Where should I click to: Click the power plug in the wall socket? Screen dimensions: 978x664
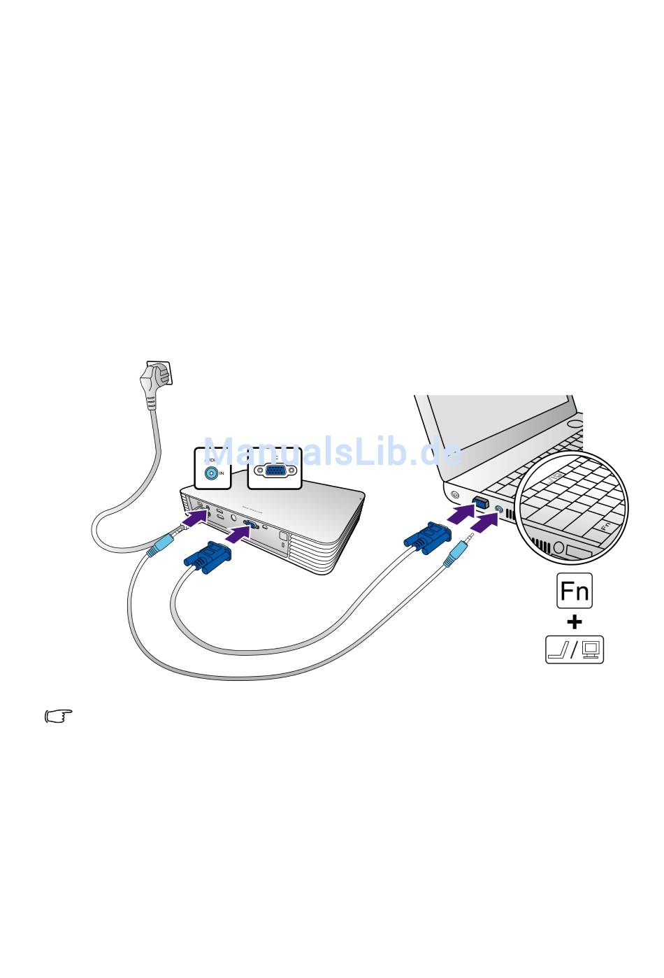154,381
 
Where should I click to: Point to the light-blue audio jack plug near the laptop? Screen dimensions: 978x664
456,554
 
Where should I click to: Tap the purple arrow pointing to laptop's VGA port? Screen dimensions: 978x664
461,514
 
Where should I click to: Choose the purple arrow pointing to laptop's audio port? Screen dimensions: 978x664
484,522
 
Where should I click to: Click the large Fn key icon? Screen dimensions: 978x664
575,591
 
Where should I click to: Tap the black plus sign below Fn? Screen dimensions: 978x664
575,621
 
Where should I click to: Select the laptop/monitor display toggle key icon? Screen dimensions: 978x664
575,649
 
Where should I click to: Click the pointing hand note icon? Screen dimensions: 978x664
59,716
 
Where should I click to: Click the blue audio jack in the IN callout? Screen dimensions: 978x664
211,473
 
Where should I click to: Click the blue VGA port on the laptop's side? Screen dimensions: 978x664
481,501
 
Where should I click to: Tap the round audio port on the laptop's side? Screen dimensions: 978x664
498,509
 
